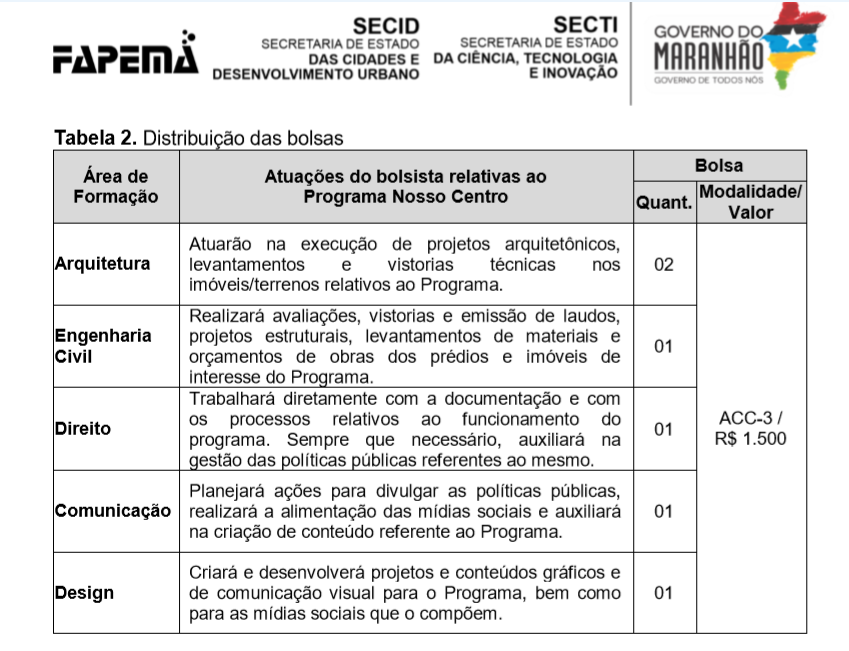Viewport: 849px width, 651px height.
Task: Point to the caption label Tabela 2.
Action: coord(95,137)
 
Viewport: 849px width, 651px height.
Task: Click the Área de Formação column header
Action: coord(116,186)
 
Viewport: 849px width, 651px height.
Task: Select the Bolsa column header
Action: coord(719,164)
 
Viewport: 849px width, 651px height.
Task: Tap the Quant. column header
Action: coord(664,202)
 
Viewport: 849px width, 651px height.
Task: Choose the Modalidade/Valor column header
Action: coord(751,201)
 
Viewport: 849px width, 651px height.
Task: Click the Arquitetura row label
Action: coord(103,264)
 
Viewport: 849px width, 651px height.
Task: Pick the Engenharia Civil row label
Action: coord(103,346)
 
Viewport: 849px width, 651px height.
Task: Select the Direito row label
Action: coord(83,429)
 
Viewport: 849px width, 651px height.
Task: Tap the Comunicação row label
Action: coord(113,511)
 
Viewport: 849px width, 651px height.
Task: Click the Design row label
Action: coord(84,593)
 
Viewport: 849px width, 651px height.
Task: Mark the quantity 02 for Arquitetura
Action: coord(664,264)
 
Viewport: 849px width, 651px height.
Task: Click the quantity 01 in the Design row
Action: coord(664,593)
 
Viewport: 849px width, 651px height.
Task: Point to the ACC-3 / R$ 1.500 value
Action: coord(751,428)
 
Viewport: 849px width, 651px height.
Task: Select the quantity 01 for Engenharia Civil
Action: coord(664,346)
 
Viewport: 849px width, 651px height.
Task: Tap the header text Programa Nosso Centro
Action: coord(405,197)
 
